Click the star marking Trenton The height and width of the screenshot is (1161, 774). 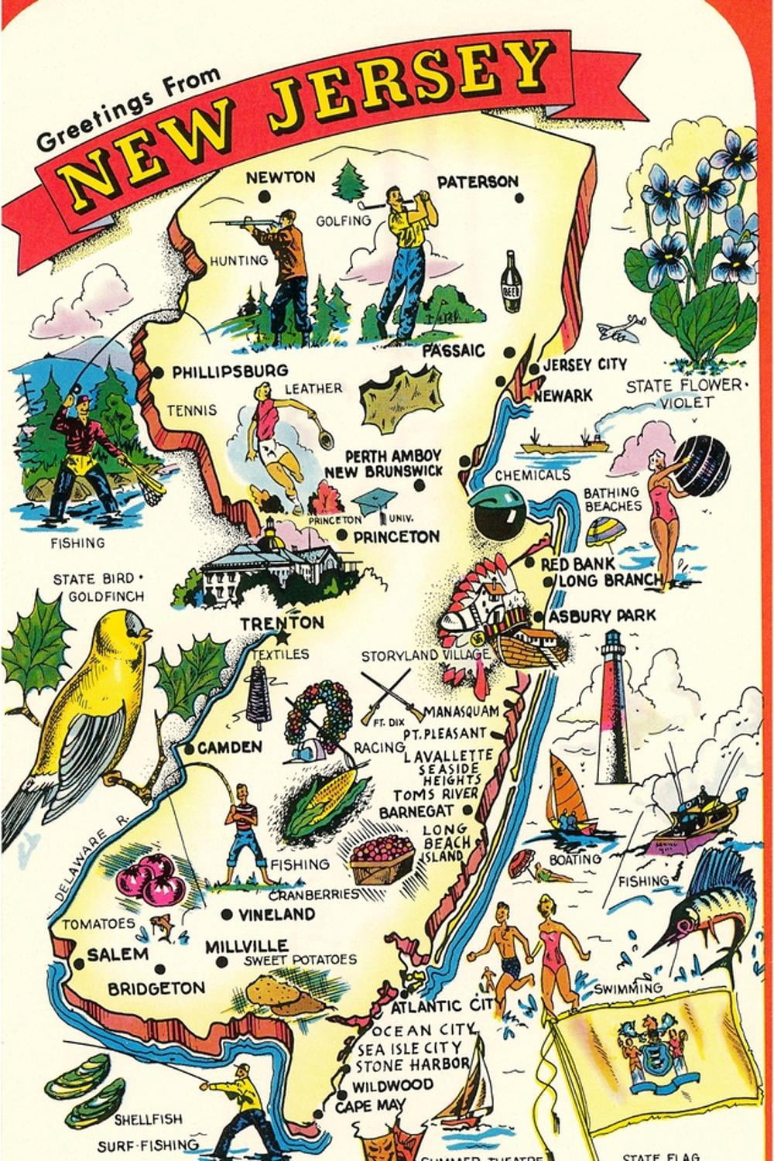tap(281, 637)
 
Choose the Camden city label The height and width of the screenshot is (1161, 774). tap(229, 748)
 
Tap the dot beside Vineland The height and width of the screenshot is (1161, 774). tap(226, 914)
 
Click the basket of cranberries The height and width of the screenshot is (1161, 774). tap(380, 856)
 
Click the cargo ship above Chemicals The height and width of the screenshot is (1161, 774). tap(565, 444)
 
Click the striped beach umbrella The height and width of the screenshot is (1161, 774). tap(604, 533)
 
